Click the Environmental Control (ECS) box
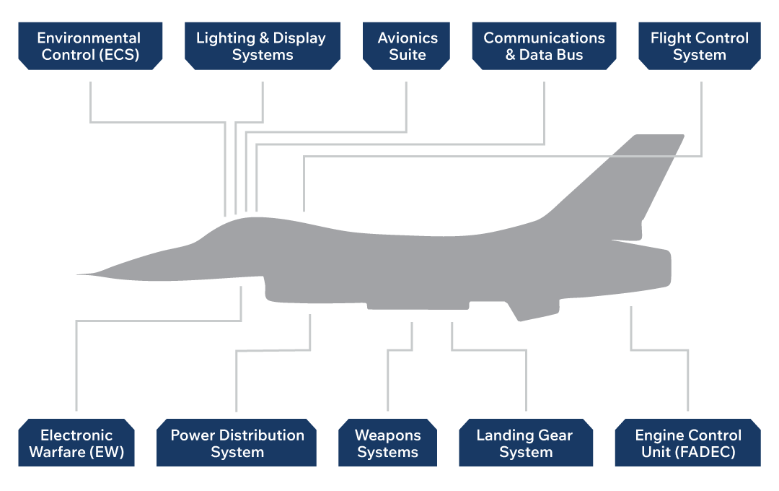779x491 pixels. (x=90, y=46)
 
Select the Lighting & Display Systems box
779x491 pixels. (x=262, y=46)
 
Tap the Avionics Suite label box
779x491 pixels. (x=407, y=46)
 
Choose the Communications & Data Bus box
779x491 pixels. (x=544, y=46)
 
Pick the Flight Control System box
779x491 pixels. (x=700, y=46)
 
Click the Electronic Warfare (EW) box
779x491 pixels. (x=76, y=443)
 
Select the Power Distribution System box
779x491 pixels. (x=237, y=443)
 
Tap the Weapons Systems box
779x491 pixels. (x=387, y=443)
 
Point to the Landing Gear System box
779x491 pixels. (x=525, y=443)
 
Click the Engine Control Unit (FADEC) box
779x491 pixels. (x=687, y=443)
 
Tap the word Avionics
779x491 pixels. (x=408, y=38)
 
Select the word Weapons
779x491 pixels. (x=387, y=435)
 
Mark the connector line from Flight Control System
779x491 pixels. (x=701, y=116)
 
